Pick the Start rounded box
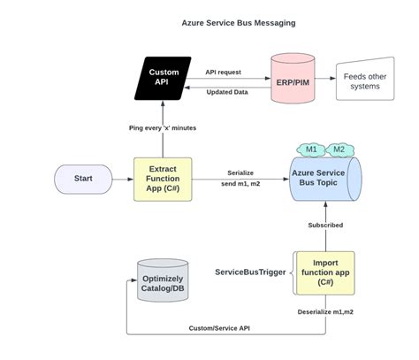pos(83,178)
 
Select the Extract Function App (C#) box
pos(163,178)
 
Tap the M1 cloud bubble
pos(311,149)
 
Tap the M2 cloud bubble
pos(339,149)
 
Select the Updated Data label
pos(227,93)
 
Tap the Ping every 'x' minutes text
pos(163,128)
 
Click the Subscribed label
pos(326,225)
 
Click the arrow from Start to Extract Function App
pos(123,178)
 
